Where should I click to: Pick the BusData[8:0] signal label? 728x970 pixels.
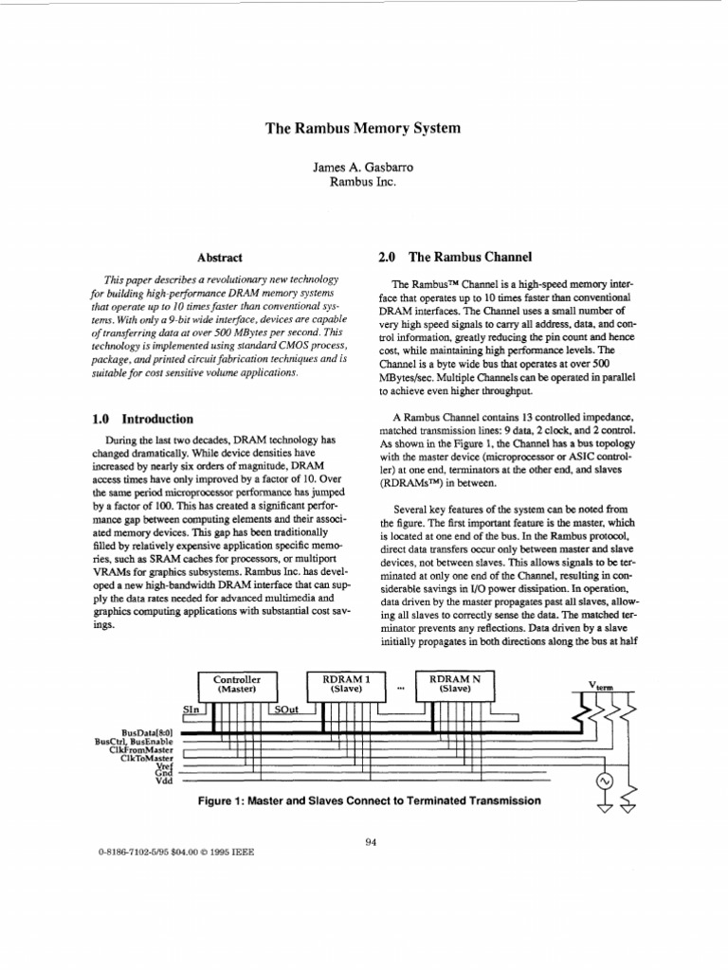pyautogui.click(x=147, y=733)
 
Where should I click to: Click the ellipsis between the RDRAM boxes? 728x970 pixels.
pyautogui.click(x=400, y=688)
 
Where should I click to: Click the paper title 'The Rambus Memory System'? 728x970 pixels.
pyautogui.click(x=363, y=127)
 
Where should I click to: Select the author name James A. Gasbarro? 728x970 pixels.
pyautogui.click(x=362, y=167)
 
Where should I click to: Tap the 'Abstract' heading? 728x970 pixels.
pyautogui.click(x=219, y=258)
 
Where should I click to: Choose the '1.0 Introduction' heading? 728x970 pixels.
pyautogui.click(x=143, y=419)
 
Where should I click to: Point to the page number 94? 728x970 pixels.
pyautogui.click(x=371, y=836)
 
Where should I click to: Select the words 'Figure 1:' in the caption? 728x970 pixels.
pyautogui.click(x=220, y=800)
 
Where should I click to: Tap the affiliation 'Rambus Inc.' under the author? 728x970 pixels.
pyautogui.click(x=362, y=183)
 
